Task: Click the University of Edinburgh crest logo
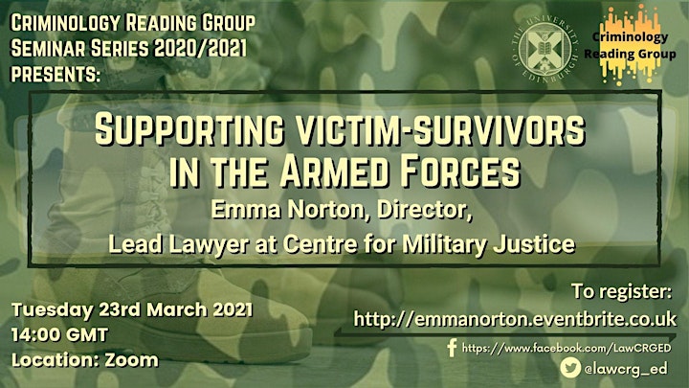click(545, 48)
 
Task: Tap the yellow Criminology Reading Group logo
click(630, 44)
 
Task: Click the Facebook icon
click(452, 348)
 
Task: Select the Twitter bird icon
click(570, 368)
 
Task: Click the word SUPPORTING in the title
click(189, 129)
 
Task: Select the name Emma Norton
click(288, 210)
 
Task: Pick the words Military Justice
click(488, 244)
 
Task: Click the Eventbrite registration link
click(515, 319)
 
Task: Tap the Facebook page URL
click(567, 349)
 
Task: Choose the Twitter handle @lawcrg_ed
click(625, 369)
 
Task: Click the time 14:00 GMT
click(59, 335)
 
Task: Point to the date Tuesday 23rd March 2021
click(132, 309)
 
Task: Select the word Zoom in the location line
click(131, 360)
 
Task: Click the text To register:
click(621, 291)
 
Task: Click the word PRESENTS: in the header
click(56, 74)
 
